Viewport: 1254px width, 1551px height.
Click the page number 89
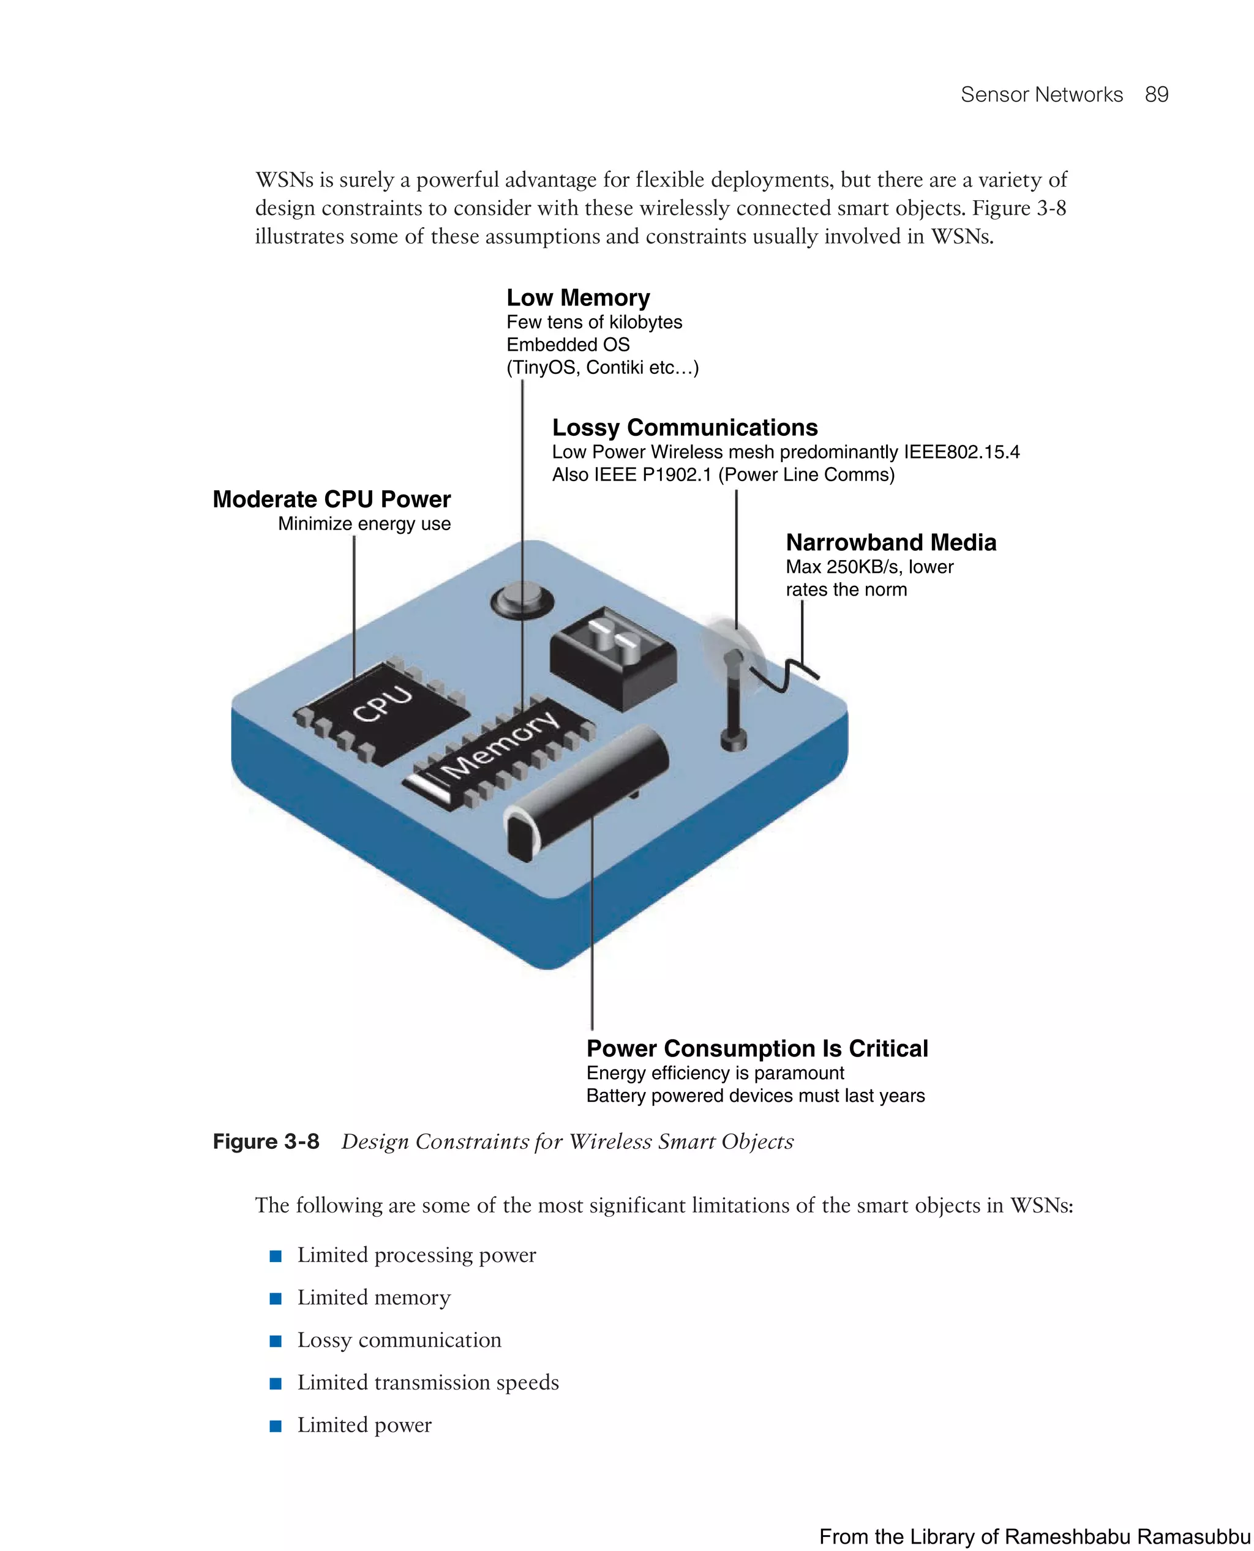pyautogui.click(x=1156, y=95)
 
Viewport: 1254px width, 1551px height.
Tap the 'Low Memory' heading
pyautogui.click(x=578, y=297)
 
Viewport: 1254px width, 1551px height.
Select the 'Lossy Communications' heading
pyautogui.click(x=685, y=427)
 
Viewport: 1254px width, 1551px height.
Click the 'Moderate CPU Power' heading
pyautogui.click(x=331, y=499)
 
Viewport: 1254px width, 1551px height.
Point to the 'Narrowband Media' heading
pyautogui.click(x=891, y=542)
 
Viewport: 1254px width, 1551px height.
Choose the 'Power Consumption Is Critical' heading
pyautogui.click(x=757, y=1048)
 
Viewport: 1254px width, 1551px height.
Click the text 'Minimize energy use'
pyautogui.click(x=364, y=523)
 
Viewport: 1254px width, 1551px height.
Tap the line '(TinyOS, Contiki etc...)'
pyautogui.click(x=603, y=367)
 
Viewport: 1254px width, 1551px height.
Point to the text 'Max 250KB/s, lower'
pyautogui.click(x=869, y=567)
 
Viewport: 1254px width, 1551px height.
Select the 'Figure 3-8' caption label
pyautogui.click(x=266, y=1142)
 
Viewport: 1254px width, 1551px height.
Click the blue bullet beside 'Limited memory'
pyautogui.click(x=275, y=1298)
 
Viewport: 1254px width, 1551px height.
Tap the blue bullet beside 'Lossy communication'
pyautogui.click(x=275, y=1341)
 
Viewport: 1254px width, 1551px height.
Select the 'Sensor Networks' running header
pyautogui.click(x=1041, y=95)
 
